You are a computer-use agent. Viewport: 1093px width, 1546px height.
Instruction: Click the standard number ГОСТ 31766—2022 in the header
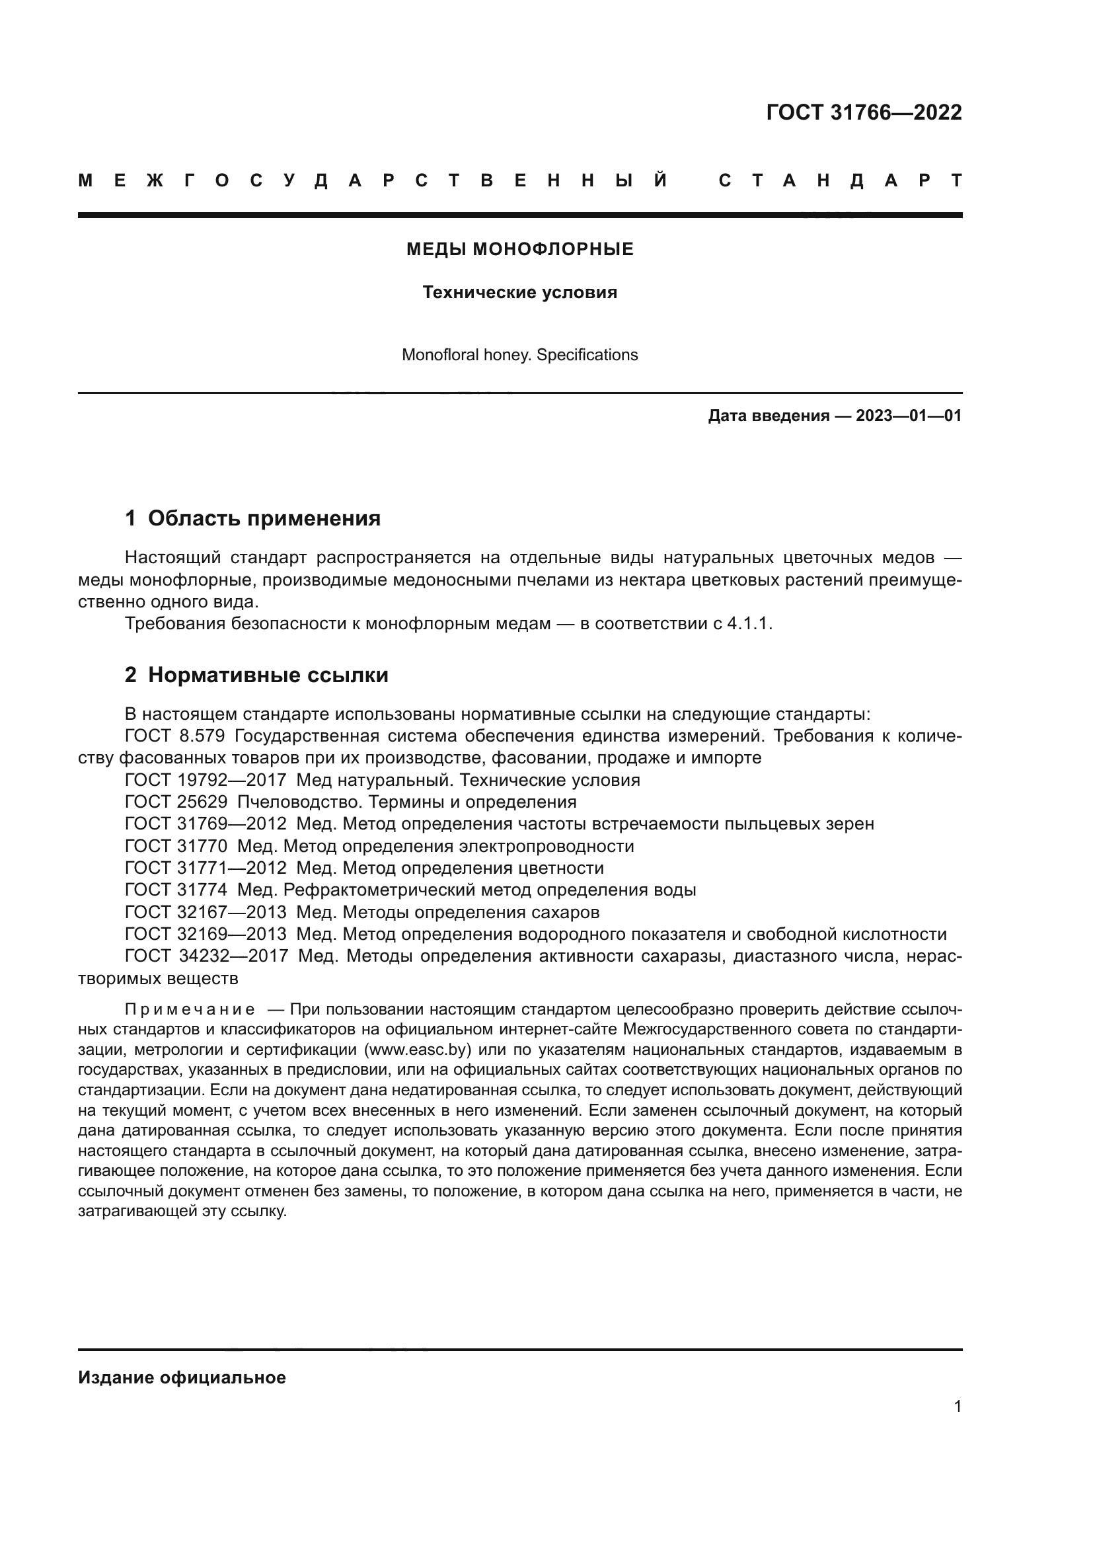[x=864, y=112]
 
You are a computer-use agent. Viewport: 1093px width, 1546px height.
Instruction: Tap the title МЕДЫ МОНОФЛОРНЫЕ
[x=519, y=250]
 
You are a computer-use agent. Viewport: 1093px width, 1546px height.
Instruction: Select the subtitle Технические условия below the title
[x=519, y=293]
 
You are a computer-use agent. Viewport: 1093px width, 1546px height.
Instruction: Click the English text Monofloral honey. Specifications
[x=519, y=355]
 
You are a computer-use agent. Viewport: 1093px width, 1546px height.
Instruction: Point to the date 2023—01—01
[x=909, y=416]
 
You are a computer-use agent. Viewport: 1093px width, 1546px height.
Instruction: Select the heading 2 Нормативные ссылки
[x=256, y=675]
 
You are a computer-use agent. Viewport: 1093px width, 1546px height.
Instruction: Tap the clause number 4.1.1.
[x=749, y=623]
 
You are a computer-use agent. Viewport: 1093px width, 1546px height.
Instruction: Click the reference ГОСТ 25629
[x=176, y=802]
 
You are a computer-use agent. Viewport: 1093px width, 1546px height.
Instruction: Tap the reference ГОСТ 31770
[x=176, y=847]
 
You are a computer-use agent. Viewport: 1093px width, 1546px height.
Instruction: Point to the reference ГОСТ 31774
[x=176, y=890]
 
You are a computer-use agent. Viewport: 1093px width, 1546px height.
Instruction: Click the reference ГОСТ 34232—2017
[x=206, y=956]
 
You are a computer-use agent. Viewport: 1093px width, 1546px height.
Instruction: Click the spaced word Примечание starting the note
[x=190, y=1010]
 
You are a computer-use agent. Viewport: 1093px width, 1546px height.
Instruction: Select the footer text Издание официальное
[x=182, y=1377]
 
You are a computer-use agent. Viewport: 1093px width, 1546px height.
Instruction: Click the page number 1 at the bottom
[x=958, y=1407]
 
